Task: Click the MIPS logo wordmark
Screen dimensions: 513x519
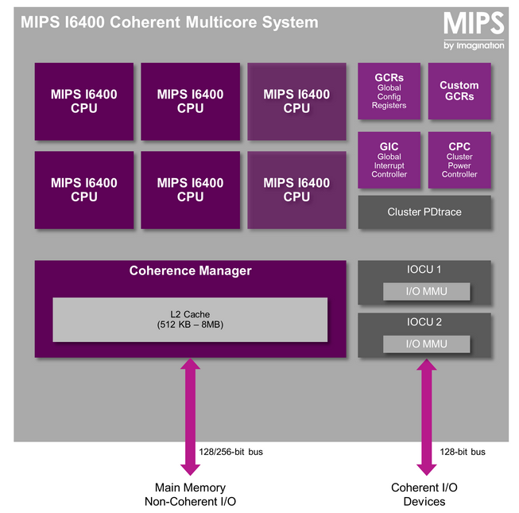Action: (x=473, y=23)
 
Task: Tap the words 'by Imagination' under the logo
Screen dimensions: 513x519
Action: (x=474, y=45)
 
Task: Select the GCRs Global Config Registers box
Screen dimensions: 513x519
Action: (x=389, y=91)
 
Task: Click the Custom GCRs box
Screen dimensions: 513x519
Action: (x=459, y=91)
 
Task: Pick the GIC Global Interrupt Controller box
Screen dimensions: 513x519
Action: (x=389, y=160)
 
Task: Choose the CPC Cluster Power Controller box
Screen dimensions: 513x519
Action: (x=459, y=160)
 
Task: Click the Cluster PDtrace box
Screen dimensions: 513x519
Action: (x=424, y=212)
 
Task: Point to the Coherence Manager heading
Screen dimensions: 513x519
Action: (x=190, y=271)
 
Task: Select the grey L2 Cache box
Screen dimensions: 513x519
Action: (x=190, y=320)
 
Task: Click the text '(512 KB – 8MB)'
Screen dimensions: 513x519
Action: (x=190, y=325)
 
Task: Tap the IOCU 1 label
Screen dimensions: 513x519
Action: (x=424, y=270)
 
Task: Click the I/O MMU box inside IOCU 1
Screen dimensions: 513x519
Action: (x=426, y=291)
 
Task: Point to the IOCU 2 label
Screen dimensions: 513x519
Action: (x=424, y=323)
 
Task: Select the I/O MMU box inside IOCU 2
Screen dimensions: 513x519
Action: (x=426, y=344)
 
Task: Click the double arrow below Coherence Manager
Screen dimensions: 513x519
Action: (x=191, y=416)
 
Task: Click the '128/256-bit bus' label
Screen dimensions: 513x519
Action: (x=231, y=452)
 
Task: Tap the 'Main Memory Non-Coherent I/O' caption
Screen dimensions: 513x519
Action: (x=190, y=494)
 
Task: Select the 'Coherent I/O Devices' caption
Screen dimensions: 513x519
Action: (x=424, y=494)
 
